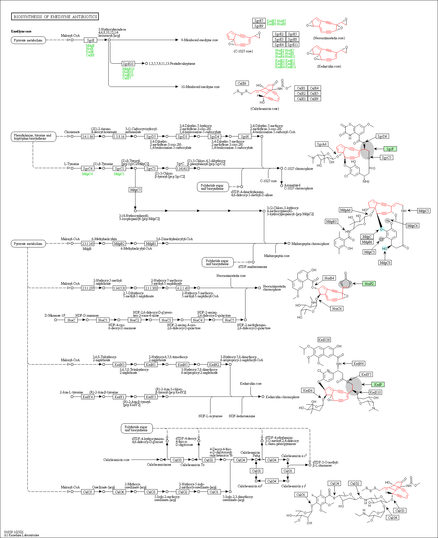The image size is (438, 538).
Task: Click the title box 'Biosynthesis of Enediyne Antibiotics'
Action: [55, 17]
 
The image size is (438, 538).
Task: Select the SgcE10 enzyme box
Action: [128, 64]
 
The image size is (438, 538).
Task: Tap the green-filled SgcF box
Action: [390, 149]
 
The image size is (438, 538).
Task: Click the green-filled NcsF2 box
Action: [369, 284]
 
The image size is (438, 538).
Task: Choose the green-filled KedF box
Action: [378, 385]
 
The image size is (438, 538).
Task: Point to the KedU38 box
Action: [324, 340]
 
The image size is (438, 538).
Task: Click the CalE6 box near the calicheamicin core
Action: [242, 84]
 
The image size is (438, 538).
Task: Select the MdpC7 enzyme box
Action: [135, 190]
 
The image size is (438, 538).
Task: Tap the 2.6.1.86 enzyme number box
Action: [88, 137]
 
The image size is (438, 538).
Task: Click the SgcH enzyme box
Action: [245, 137]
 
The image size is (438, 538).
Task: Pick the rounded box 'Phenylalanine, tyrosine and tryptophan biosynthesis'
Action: [33, 137]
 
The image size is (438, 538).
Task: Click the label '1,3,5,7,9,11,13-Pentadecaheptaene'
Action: [172, 64]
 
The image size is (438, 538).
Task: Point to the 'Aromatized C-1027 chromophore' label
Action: [298, 187]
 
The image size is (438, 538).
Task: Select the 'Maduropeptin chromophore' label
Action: [310, 244]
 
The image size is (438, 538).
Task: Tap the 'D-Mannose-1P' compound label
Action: [55, 316]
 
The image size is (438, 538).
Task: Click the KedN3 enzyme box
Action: [119, 365]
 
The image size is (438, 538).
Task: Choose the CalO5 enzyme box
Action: [87, 492]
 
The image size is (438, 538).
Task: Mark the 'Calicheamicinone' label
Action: [159, 465]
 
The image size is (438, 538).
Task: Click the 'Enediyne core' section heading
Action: [21, 31]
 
